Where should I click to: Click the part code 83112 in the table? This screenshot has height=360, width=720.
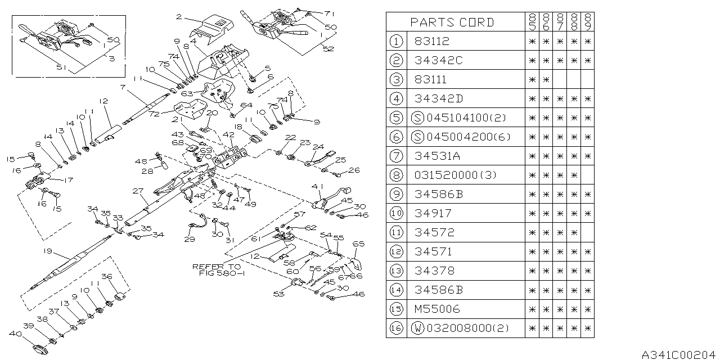432,42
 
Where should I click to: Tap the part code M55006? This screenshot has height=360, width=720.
436,309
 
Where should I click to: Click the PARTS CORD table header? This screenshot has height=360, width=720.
452,22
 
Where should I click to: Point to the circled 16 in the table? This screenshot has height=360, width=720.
397,328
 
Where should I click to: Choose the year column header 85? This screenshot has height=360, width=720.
532,22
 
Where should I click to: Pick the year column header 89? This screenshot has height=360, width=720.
587,22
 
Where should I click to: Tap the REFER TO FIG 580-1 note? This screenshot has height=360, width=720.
217,270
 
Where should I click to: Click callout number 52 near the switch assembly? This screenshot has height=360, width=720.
328,49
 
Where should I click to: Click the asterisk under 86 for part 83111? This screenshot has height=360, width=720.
546,80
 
